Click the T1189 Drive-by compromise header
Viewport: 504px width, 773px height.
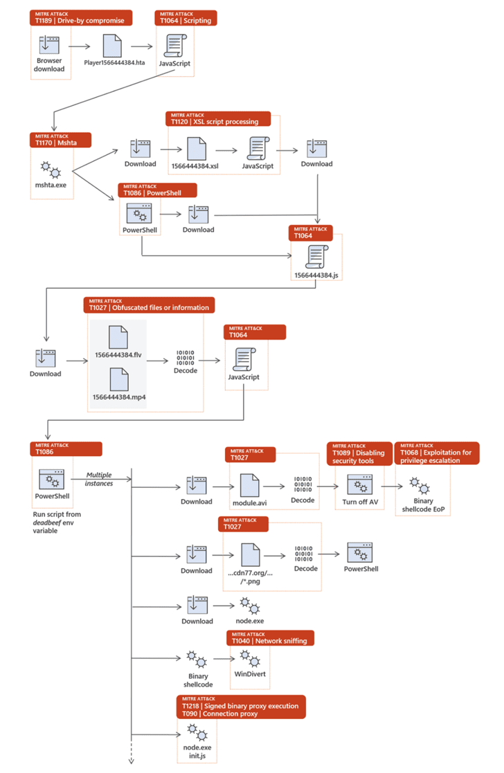80,17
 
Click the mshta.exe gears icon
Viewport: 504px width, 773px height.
50,167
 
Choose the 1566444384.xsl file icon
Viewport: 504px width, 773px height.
196,147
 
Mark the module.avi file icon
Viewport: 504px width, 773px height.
249,484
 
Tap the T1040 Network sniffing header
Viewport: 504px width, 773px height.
271,637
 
